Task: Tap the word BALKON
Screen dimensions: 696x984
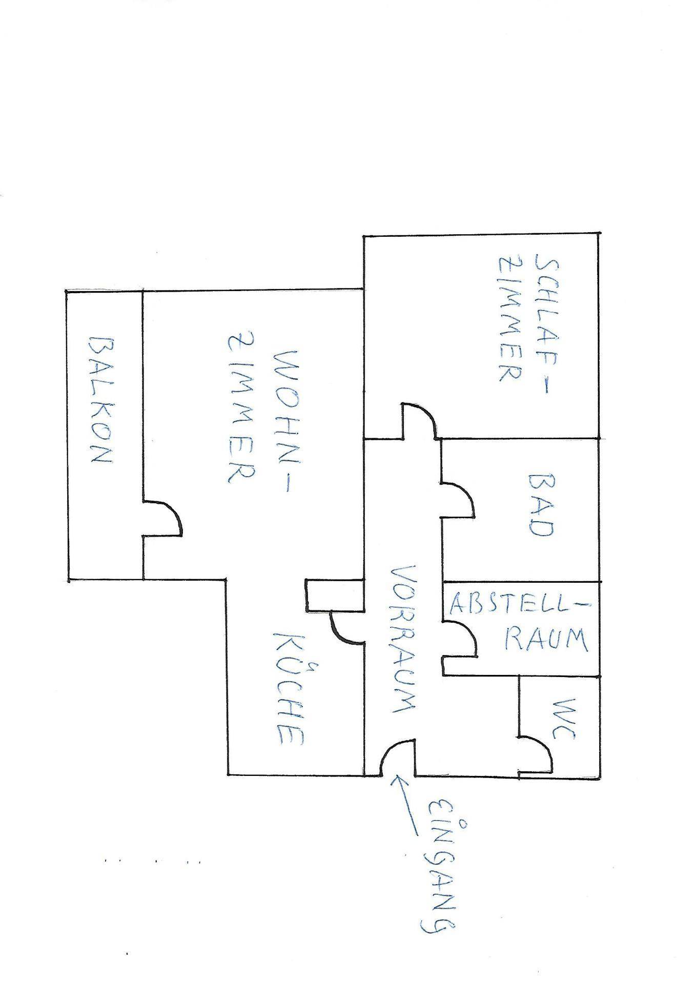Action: click(100, 400)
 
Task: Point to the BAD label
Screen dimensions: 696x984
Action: click(541, 505)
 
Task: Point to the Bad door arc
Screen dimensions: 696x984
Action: click(464, 495)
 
